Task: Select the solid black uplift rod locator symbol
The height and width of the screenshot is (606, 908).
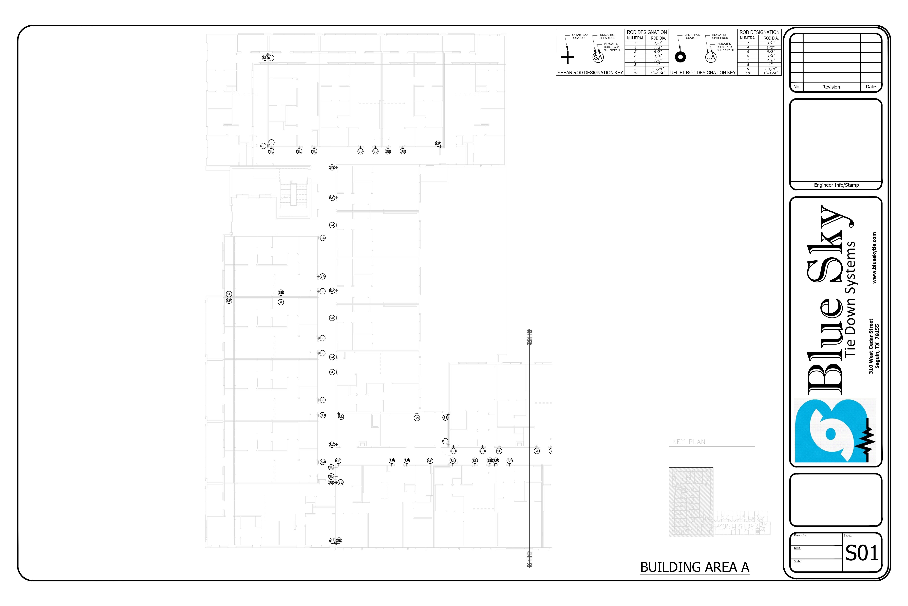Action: [x=680, y=57]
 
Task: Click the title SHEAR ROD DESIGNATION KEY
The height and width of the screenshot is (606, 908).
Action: [x=590, y=73]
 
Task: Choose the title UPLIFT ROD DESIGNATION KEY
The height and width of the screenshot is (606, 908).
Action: [x=703, y=73]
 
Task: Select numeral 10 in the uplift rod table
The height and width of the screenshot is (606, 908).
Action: [x=748, y=73]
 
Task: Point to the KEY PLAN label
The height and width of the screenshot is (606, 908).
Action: [x=689, y=442]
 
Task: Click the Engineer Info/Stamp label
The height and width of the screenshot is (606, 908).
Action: [x=836, y=185]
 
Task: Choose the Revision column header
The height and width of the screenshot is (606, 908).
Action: [x=831, y=87]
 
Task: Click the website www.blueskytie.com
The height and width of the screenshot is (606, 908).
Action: [x=874, y=258]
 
